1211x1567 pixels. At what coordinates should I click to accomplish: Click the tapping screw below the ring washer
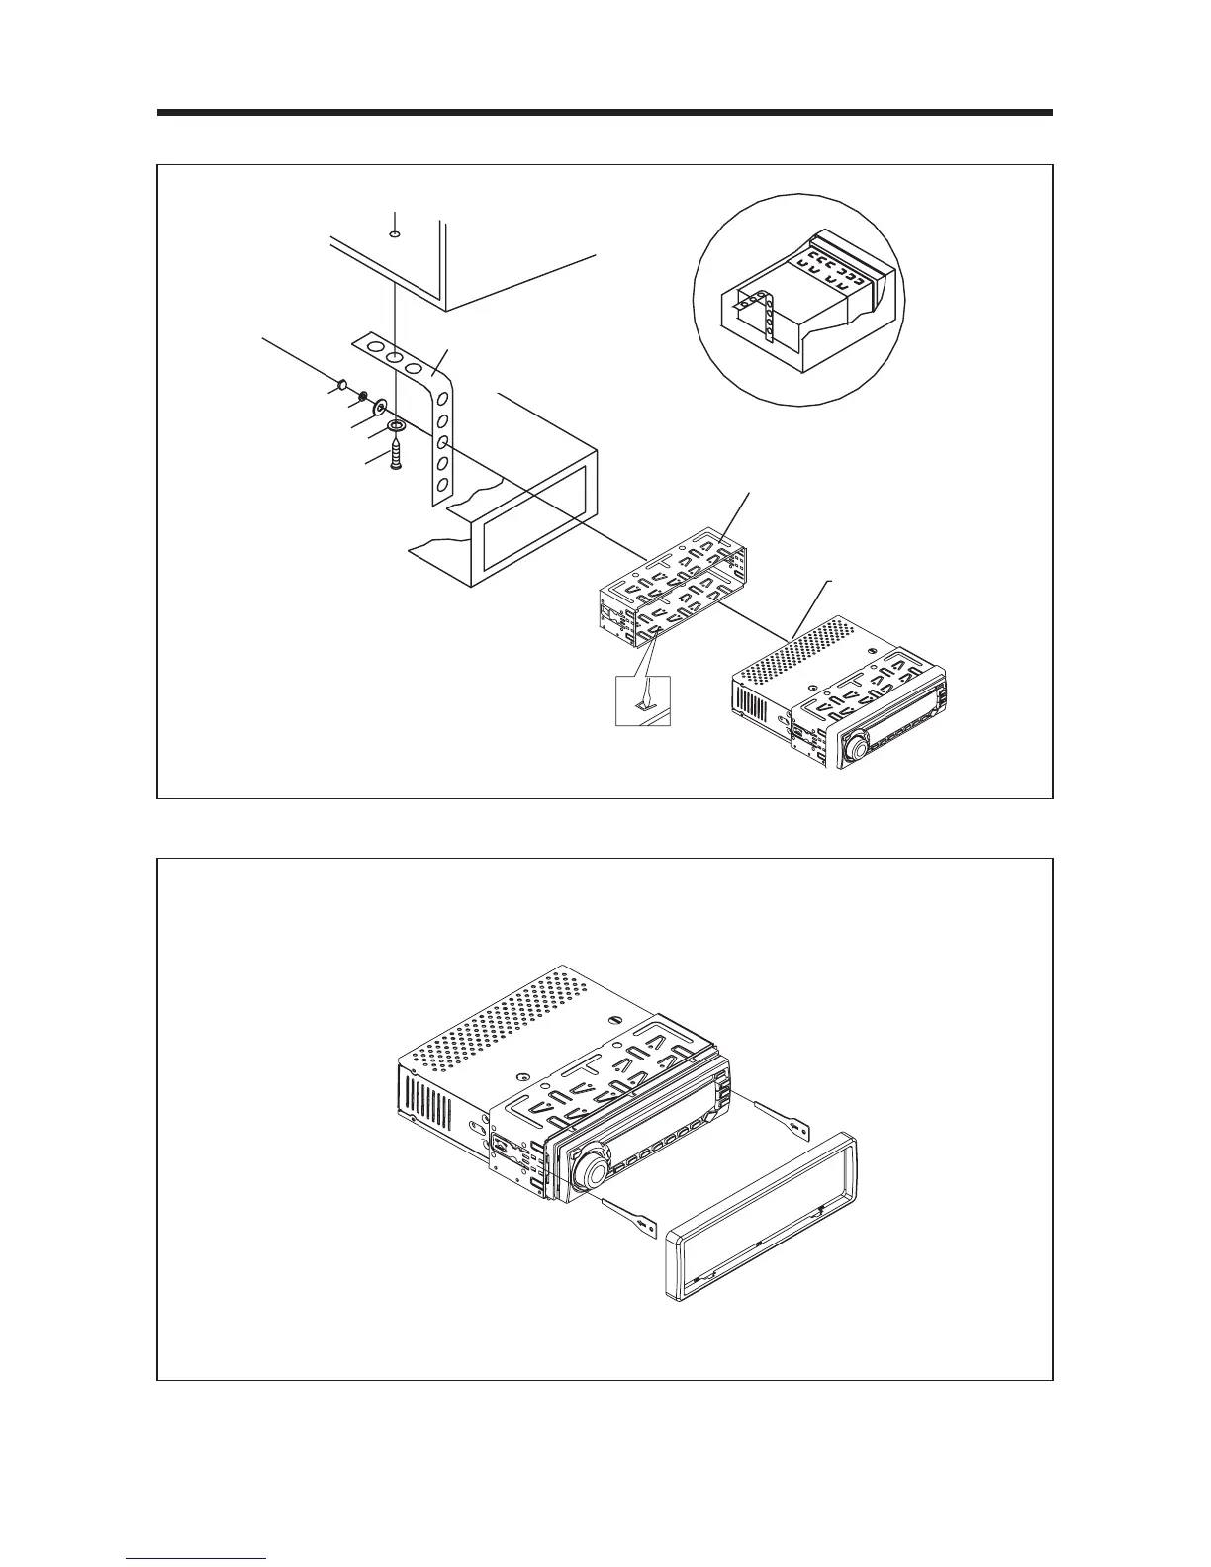(396, 457)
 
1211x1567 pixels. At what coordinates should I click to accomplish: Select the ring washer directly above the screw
(397, 426)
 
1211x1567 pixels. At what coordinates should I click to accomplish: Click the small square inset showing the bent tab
(643, 699)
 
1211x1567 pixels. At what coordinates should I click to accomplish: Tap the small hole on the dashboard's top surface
(394, 234)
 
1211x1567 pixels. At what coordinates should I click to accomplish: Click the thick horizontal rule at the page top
(605, 113)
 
